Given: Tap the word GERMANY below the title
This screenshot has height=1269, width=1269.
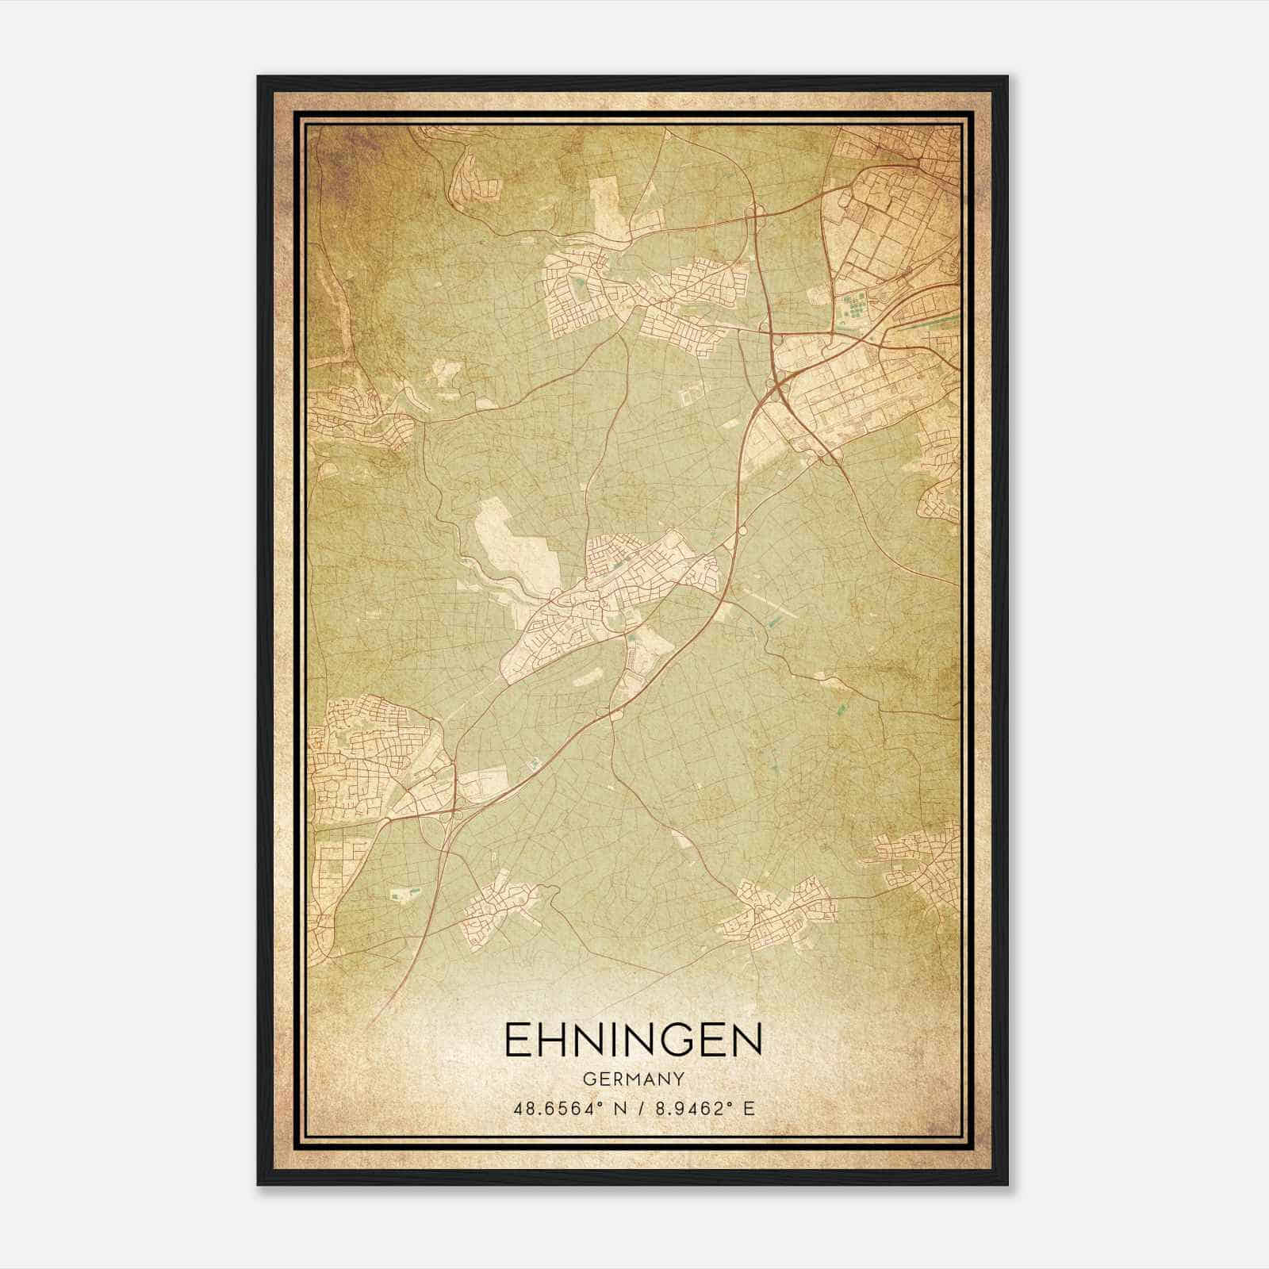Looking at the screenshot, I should [x=633, y=1079].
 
